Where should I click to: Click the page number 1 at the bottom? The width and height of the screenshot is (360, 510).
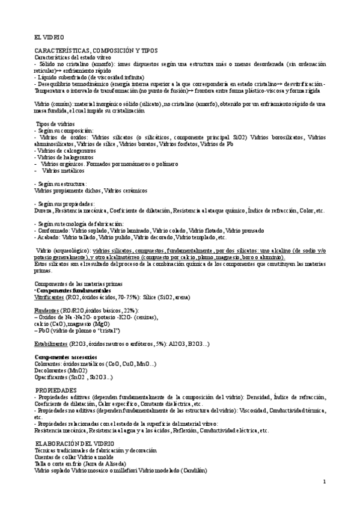coord(324,482)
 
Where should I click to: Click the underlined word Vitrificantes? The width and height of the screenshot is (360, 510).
coord(50,296)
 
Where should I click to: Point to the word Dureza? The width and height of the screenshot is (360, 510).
coord(44,210)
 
